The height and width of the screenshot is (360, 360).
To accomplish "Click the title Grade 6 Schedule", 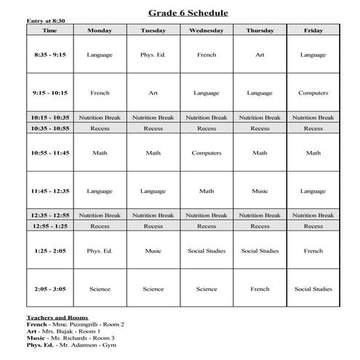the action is tap(188, 13).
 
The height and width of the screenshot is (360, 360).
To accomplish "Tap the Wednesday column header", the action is tap(206, 31).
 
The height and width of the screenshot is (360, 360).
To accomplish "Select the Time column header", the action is tap(49, 31).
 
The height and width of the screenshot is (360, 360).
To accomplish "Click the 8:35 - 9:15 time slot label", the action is tap(49, 55).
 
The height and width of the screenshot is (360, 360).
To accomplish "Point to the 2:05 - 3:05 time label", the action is tap(49, 289).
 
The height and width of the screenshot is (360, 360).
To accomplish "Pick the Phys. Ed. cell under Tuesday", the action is tap(153, 55).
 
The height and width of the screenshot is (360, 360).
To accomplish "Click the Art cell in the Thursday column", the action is tap(260, 55).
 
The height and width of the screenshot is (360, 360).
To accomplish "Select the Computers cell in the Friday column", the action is tap(313, 93).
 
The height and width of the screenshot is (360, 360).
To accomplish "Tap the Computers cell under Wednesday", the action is tap(206, 153).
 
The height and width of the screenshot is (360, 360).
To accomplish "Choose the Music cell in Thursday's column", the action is tap(260, 191).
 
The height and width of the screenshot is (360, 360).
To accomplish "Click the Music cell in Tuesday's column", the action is tap(153, 251).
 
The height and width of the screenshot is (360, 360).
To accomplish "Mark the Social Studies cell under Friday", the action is tap(313, 289).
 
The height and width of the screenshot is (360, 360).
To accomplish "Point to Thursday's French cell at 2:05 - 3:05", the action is tap(260, 289).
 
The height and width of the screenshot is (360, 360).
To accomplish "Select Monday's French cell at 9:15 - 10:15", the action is tap(100, 93).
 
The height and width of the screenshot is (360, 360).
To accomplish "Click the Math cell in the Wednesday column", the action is tap(206, 191).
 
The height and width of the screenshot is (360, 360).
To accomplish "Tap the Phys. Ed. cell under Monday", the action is tap(100, 251).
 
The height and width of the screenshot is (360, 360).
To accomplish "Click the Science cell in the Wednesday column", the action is tap(206, 289).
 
